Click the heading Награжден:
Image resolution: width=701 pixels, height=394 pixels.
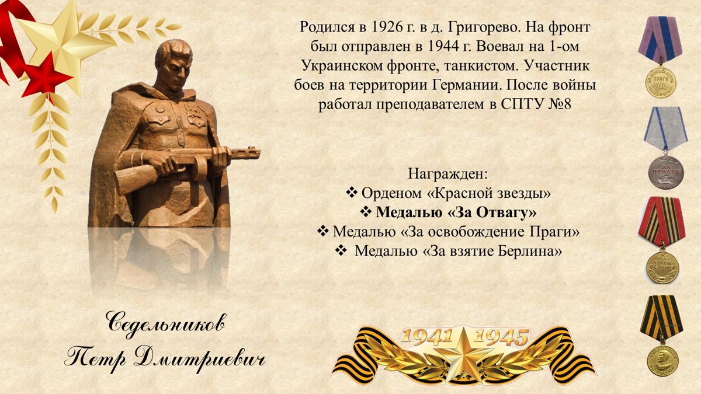[x=447, y=174]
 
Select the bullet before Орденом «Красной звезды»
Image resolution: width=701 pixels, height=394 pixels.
[x=352, y=193]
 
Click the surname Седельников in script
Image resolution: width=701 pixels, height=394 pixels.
[x=166, y=324]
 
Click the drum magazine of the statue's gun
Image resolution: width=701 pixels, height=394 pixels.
[x=200, y=168]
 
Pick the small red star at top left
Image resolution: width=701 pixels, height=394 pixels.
[x=47, y=76]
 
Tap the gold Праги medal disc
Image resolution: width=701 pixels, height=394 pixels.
[x=661, y=81]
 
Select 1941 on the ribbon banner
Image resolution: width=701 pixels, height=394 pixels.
[x=428, y=337]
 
